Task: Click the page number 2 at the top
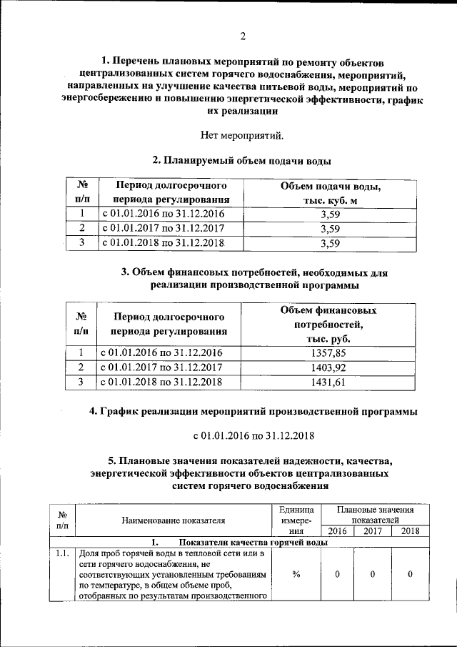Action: coord(242,36)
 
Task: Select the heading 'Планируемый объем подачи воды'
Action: coord(242,160)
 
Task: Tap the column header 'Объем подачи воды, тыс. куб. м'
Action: coord(330,194)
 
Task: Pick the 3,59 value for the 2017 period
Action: coord(330,229)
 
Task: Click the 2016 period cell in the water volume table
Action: coord(164,214)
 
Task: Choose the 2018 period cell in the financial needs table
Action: coord(162,382)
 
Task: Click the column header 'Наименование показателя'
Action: coord(174,520)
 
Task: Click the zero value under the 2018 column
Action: coord(410,575)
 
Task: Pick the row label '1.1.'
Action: coord(62,553)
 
